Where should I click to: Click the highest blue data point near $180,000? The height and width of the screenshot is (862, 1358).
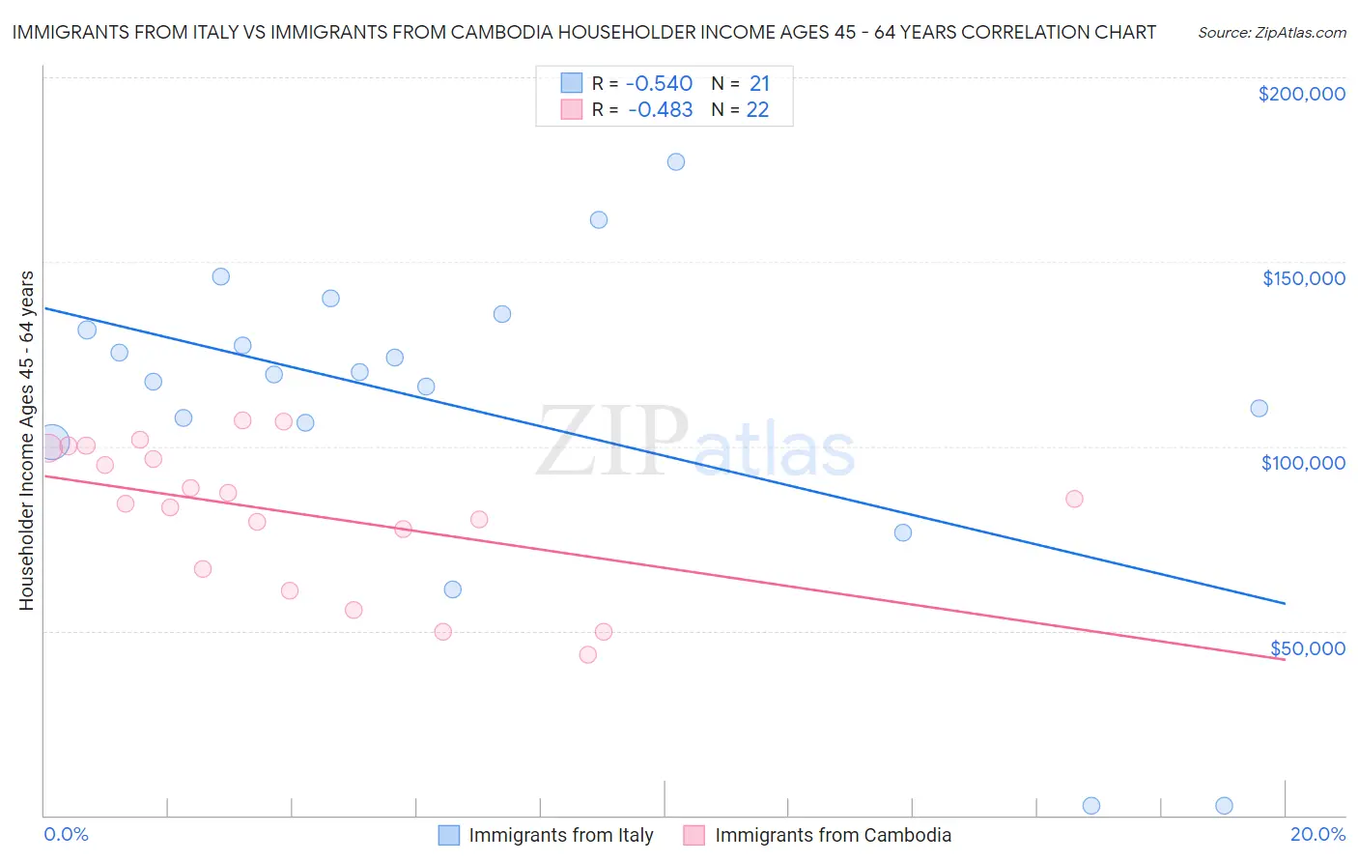(x=676, y=161)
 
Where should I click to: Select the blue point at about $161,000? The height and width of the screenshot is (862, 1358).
(x=599, y=219)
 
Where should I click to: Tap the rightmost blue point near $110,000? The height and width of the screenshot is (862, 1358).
(x=1259, y=408)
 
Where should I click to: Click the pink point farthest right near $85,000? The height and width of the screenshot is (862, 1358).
(x=1074, y=499)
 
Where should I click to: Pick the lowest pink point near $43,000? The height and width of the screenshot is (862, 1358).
(x=587, y=654)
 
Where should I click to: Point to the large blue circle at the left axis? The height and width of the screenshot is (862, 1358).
(x=52, y=443)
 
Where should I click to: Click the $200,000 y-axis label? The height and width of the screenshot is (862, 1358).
(x=1301, y=94)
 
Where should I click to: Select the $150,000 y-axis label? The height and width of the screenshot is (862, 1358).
(x=1303, y=278)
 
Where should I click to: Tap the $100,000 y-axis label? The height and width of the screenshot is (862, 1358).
(x=1303, y=463)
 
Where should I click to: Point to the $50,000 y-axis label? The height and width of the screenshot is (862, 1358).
(x=1307, y=647)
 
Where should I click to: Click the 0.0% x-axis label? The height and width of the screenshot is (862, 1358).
(x=66, y=834)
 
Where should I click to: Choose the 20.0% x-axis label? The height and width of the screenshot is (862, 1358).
(x=1317, y=834)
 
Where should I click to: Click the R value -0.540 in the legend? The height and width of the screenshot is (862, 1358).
(x=660, y=83)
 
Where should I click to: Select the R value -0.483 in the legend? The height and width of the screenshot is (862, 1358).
(x=660, y=109)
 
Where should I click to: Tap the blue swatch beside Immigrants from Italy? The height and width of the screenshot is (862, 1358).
(x=449, y=835)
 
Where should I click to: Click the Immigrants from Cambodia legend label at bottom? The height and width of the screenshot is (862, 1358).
(x=833, y=835)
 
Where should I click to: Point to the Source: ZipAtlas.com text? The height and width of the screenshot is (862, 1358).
(x=1271, y=32)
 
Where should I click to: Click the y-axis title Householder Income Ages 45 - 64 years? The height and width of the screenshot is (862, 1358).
(x=26, y=440)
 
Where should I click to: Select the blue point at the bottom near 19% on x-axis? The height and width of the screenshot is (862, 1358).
(x=1224, y=805)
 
